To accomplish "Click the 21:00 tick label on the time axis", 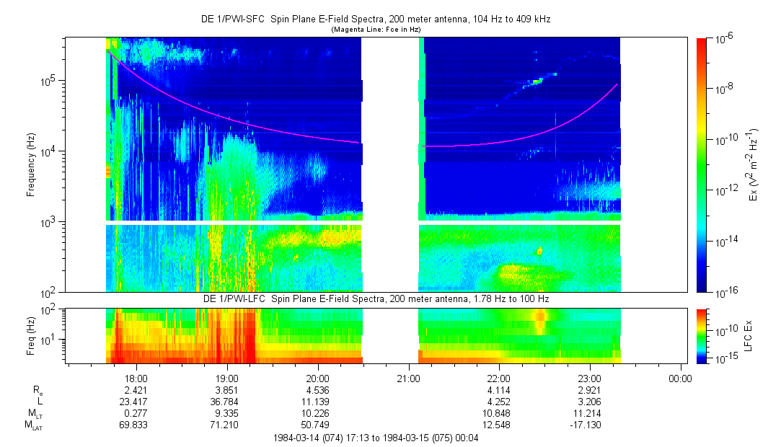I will tap(408, 377).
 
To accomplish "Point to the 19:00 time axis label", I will tap(227, 377).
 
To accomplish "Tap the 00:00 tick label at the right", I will tap(680, 377).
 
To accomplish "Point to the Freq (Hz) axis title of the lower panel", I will tap(31, 333).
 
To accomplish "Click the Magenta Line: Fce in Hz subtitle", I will tap(376, 30).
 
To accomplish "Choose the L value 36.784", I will tap(227, 400).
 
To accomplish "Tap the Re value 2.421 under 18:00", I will tap(136, 389).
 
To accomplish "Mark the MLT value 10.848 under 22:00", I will tap(499, 413).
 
